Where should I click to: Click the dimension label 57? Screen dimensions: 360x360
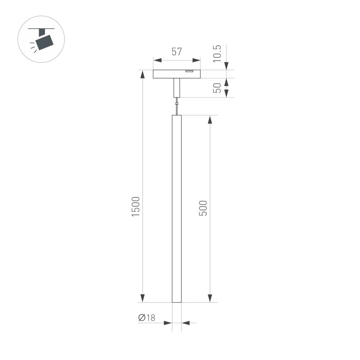[x=176, y=52]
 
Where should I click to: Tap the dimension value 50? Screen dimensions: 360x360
[x=217, y=88]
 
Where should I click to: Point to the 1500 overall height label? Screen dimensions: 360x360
[x=135, y=207]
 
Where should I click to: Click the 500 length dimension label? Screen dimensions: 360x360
[x=203, y=208]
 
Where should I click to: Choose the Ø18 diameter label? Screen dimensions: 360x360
[x=147, y=318]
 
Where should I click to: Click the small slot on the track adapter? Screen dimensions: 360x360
[x=189, y=72]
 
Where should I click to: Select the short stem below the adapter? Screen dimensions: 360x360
[x=176, y=88]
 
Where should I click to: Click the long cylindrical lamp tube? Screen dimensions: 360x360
[x=177, y=209]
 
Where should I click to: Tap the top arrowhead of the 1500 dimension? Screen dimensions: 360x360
[x=143, y=74]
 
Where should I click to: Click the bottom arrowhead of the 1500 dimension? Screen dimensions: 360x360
[x=143, y=298]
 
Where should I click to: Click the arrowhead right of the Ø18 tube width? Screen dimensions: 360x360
[x=185, y=323]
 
